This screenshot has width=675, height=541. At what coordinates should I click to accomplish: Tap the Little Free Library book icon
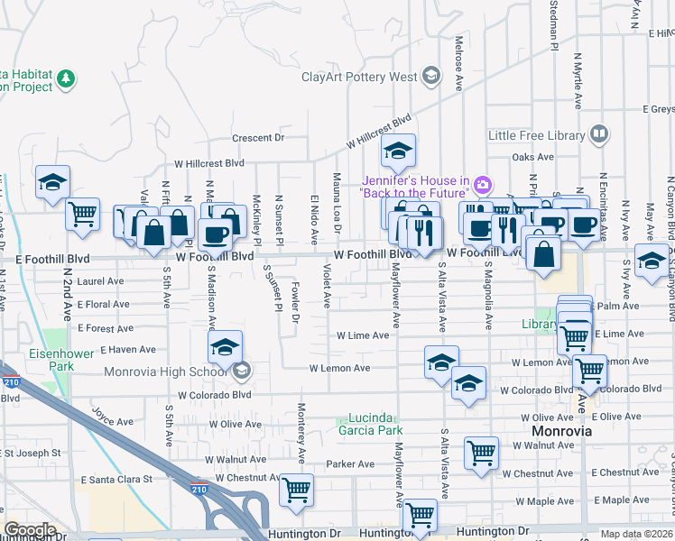click(x=598, y=134)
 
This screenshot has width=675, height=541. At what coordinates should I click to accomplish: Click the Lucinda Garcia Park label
click(x=368, y=424)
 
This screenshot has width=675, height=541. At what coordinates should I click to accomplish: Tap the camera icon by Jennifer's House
click(x=482, y=186)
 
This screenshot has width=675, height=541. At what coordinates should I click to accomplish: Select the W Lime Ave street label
click(x=362, y=335)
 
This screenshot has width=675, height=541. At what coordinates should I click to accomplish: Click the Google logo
click(x=30, y=530)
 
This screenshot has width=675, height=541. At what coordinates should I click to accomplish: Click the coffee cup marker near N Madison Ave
click(x=215, y=235)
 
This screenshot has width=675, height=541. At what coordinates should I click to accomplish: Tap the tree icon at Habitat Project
click(x=66, y=79)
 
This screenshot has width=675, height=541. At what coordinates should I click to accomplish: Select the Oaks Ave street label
click(x=532, y=157)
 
